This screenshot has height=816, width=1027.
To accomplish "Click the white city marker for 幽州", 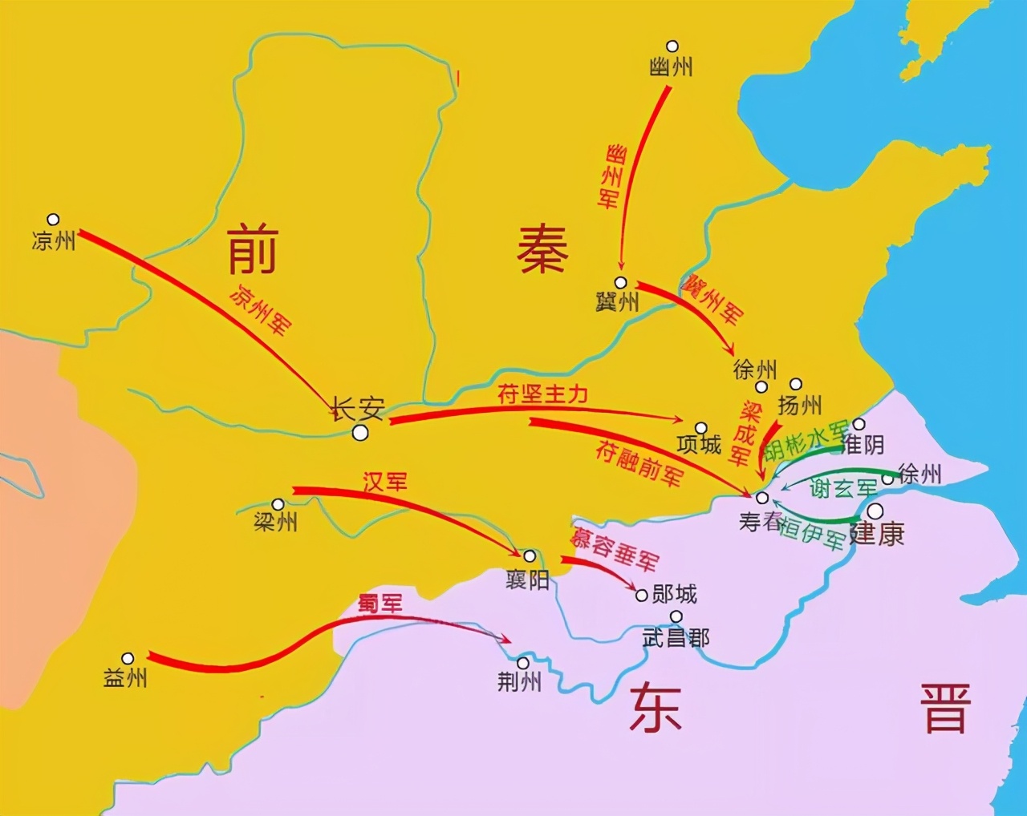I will click(x=672, y=46).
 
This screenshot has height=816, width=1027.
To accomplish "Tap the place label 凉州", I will click(x=53, y=240).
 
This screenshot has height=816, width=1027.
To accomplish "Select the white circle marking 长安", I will click(x=360, y=433).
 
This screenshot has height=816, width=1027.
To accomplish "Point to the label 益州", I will click(x=125, y=677).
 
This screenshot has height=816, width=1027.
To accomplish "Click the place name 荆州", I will click(x=519, y=681).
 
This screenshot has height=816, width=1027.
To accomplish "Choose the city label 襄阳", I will click(x=527, y=579).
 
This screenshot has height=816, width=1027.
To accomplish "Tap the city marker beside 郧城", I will click(x=641, y=596).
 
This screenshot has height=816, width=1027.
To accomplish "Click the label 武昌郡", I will click(x=676, y=638).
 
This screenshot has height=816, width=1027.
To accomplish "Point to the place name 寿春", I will click(x=760, y=522).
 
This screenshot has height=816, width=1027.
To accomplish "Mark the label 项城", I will click(x=700, y=444).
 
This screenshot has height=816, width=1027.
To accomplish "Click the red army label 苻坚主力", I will click(x=543, y=394).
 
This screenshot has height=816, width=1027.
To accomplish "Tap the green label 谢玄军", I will click(x=842, y=487).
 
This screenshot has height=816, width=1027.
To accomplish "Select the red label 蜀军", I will click(x=380, y=604).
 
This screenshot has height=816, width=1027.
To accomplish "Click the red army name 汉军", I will click(x=385, y=482).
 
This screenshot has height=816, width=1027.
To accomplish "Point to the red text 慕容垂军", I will click(x=615, y=548).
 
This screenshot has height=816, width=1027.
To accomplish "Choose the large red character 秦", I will click(x=542, y=248).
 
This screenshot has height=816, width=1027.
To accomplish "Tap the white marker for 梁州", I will click(x=278, y=505).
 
